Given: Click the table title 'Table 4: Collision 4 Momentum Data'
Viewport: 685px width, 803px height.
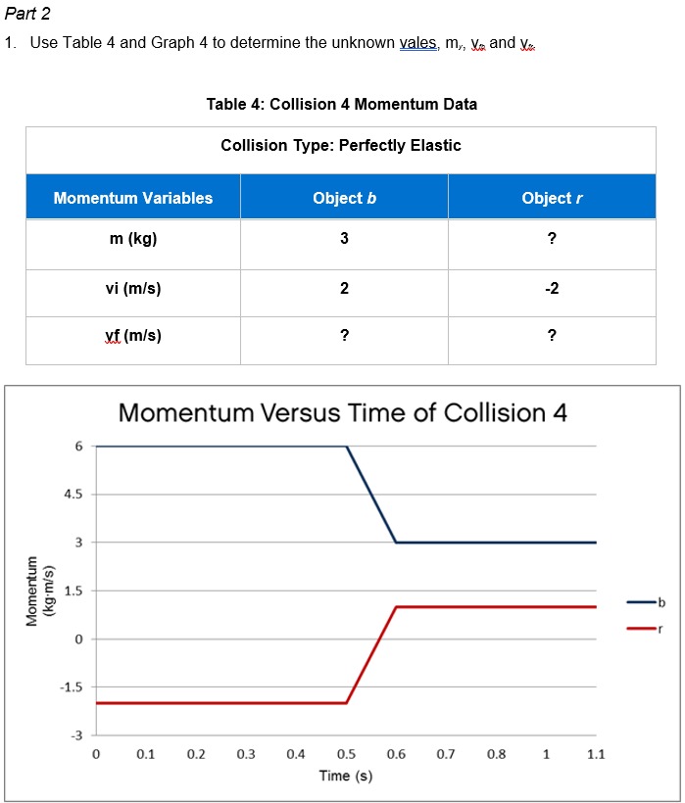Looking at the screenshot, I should coord(342,104).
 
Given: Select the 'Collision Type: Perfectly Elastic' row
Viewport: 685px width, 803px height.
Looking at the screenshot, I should coord(341,146).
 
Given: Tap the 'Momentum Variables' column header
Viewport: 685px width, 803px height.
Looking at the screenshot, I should coord(133,198).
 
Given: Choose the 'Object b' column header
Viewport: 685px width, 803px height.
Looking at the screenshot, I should coord(344,198).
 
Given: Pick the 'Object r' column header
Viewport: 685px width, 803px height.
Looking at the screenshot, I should coord(552,198).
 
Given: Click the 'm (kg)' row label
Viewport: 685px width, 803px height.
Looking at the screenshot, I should coord(133,241).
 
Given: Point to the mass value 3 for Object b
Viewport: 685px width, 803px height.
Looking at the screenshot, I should coord(344,241).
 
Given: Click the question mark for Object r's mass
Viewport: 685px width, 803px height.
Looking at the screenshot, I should coord(552,241).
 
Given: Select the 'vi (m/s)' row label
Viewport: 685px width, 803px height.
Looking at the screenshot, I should coord(133,289).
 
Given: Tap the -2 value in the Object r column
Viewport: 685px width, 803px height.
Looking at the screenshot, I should coord(552,289).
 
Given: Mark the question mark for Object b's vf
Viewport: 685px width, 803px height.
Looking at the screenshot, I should coord(344,336).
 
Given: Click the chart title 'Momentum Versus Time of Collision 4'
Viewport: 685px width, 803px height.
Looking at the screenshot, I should coord(343,412).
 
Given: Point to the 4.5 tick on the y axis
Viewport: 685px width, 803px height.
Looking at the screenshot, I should coord(74,495).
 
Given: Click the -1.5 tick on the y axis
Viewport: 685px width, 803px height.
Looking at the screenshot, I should coord(73,686).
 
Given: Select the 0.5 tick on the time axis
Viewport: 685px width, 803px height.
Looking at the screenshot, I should coord(346,754).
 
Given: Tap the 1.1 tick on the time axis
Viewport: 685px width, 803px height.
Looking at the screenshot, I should coord(596,754).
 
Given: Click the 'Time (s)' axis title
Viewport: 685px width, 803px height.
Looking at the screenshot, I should coord(345,777).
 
